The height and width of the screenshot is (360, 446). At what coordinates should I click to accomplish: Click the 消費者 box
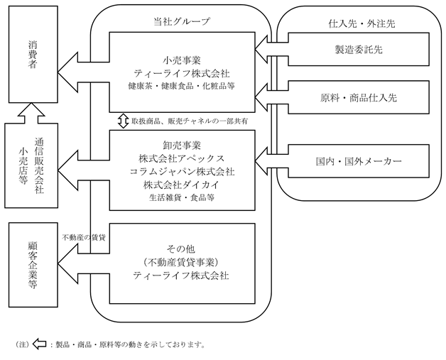click(33, 54)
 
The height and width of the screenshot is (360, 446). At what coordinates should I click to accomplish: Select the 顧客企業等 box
click(33, 265)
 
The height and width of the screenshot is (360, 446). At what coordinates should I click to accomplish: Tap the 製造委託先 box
click(359, 50)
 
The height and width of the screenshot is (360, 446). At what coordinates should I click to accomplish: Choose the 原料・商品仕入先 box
click(359, 97)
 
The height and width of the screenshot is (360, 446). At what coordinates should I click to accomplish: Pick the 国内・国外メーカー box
click(359, 161)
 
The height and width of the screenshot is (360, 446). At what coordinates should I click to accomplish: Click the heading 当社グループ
click(182, 21)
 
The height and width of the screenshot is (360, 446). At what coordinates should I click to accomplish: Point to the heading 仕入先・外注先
click(361, 23)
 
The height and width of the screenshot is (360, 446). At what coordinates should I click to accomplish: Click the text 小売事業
click(182, 60)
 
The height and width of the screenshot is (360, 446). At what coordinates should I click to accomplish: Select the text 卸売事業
click(182, 146)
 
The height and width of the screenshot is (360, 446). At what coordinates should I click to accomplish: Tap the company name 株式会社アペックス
click(182, 158)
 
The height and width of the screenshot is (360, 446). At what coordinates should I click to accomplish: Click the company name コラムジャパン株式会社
click(182, 172)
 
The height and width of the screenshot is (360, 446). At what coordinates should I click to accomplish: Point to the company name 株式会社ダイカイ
click(182, 185)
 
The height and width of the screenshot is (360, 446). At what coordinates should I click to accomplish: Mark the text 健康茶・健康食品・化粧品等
click(182, 86)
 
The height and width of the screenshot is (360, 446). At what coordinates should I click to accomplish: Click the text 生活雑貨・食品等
click(182, 197)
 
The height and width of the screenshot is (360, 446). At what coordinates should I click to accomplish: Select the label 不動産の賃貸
click(84, 237)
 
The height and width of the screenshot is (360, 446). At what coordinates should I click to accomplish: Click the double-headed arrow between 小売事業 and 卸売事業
click(123, 121)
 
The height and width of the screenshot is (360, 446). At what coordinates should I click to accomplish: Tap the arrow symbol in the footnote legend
click(39, 344)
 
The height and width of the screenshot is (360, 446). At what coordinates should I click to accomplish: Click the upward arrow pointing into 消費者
click(31, 114)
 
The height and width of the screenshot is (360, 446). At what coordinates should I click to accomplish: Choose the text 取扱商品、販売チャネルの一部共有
click(190, 121)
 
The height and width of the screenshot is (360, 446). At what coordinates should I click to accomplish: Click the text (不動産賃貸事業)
click(181, 262)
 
